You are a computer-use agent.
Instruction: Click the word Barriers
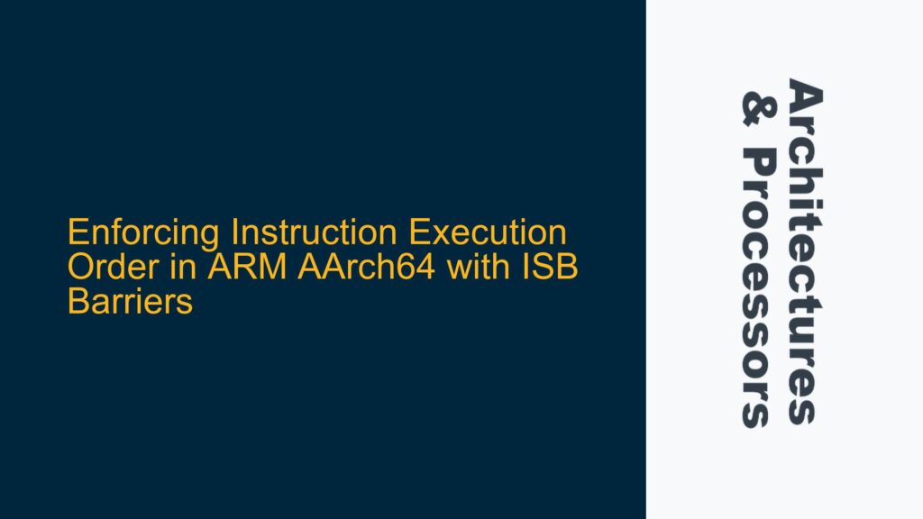coord(131,302)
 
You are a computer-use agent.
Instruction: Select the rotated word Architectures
coord(803,251)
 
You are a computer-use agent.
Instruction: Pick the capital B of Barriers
coord(78,302)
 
